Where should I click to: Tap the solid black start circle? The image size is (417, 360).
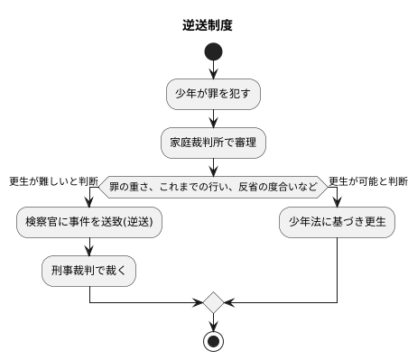pyautogui.click(x=214, y=52)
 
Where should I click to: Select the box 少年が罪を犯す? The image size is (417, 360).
pyautogui.click(x=214, y=92)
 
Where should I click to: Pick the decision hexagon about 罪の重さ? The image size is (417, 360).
pyautogui.click(x=214, y=188)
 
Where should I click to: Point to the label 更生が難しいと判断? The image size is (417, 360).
pyautogui.click(x=53, y=180)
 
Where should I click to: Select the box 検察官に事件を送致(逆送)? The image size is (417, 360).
pyautogui.click(x=89, y=221)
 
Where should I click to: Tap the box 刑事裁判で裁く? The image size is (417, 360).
pyautogui.click(x=89, y=270)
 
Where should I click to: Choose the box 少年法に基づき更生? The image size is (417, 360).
pyautogui.click(x=337, y=221)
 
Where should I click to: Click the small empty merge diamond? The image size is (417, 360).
pyautogui.click(x=214, y=300)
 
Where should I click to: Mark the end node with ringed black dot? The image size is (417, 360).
pyautogui.click(x=214, y=340)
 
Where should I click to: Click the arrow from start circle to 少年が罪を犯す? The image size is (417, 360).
pyautogui.click(x=214, y=69)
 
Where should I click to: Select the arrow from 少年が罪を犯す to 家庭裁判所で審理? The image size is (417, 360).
pyautogui.click(x=214, y=117)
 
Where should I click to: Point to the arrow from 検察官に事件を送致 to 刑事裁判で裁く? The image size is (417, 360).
pyautogui.click(x=89, y=245)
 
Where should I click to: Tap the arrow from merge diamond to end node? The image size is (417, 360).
pyautogui.click(x=214, y=320)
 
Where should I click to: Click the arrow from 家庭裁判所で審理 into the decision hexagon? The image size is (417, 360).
pyautogui.click(x=214, y=165)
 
